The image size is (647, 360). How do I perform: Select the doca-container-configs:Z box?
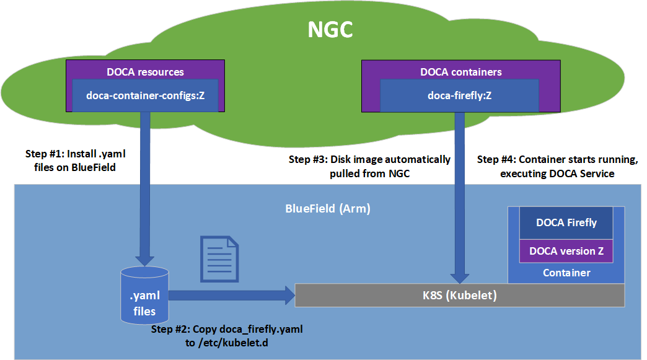point(145,95)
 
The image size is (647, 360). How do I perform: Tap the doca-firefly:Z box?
point(460,95)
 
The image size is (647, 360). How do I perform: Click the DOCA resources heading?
point(145,72)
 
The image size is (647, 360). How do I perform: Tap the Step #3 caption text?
point(370,167)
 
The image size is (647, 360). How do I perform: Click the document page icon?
point(219,260)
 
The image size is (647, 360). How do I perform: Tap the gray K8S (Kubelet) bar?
point(459,296)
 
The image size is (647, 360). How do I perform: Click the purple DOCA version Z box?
point(566,252)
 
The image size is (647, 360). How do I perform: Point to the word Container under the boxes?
point(566,273)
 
